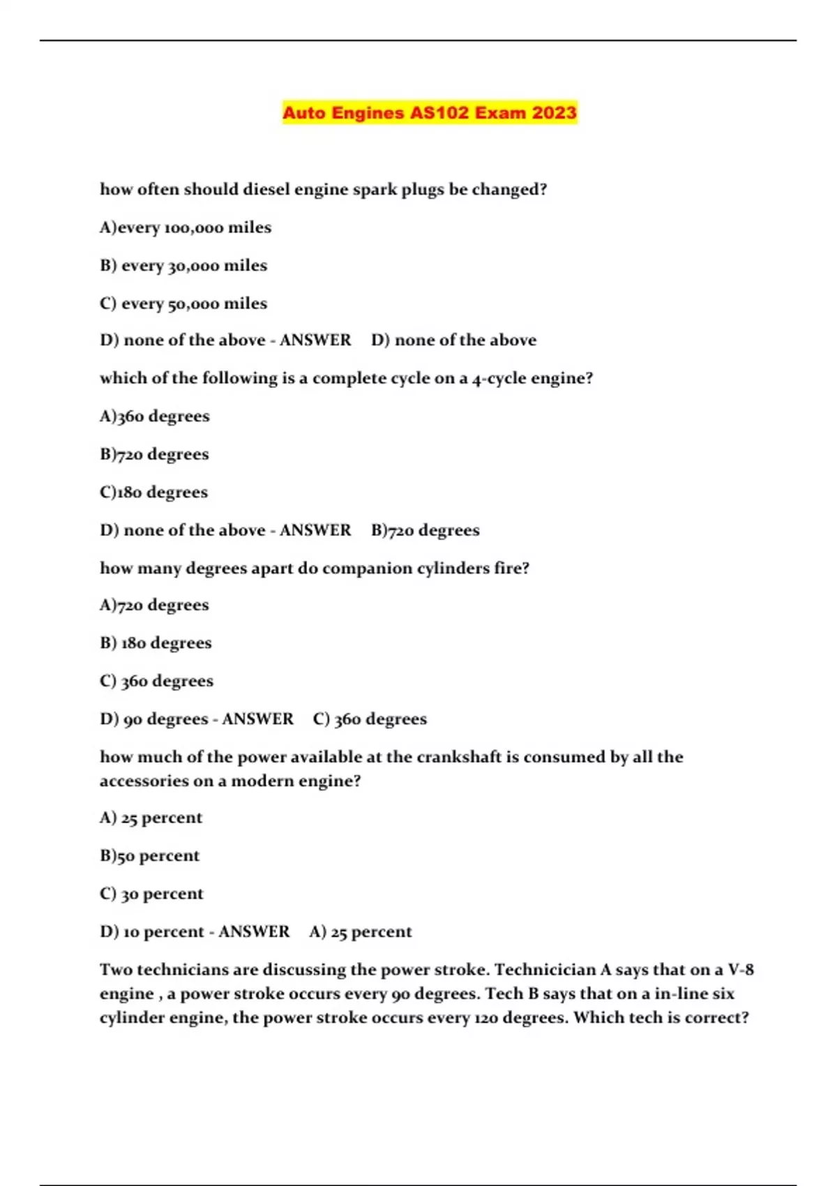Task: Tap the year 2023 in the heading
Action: tap(554, 112)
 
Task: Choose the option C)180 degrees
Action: tap(153, 492)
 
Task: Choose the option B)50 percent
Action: tap(149, 855)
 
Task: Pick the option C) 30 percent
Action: tap(151, 894)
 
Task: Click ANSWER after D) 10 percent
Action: tap(254, 931)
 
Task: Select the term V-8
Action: tap(741, 970)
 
